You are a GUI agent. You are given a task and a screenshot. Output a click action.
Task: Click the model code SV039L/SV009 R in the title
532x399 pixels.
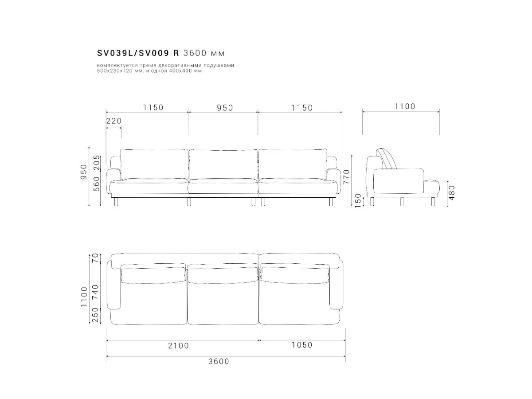(138, 53)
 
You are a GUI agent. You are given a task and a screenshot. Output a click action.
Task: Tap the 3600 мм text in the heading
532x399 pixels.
(204, 53)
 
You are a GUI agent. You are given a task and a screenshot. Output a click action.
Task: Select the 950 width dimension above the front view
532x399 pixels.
(225, 108)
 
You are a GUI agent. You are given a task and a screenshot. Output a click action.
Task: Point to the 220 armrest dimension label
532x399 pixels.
(114, 121)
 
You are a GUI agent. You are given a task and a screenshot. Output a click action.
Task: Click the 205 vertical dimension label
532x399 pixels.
(97, 163)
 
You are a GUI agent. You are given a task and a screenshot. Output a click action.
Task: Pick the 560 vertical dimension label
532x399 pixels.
(97, 184)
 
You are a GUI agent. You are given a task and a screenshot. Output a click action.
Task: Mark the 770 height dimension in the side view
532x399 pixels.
(347, 177)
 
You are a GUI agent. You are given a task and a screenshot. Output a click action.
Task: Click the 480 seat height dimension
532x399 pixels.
(452, 193)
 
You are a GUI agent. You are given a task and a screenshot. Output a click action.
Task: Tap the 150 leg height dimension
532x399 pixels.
(358, 200)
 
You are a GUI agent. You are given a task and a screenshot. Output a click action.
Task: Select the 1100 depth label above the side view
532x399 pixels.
(405, 106)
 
